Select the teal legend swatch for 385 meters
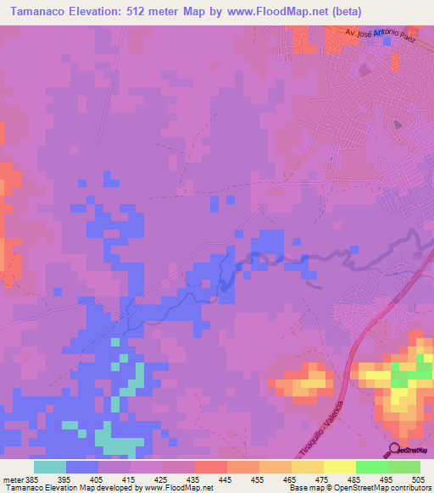tap(49, 466)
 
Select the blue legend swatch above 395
tap(81, 466)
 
